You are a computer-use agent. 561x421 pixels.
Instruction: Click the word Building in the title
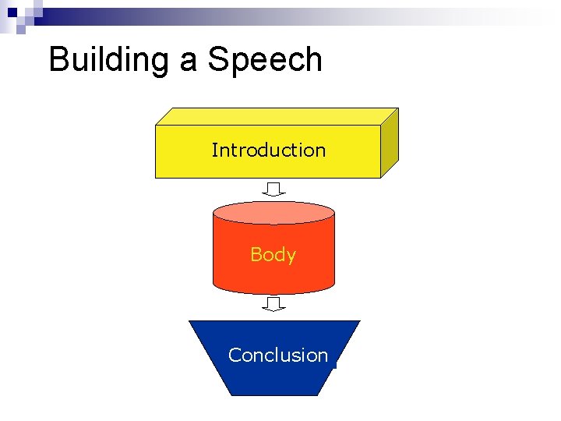point(110,60)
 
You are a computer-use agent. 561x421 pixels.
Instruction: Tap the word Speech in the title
point(265,60)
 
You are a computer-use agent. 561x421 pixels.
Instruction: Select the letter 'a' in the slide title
point(189,62)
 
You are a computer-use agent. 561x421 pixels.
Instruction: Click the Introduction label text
point(268,150)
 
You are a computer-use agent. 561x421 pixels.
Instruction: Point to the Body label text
point(273,255)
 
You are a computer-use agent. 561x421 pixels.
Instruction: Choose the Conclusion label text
point(278,356)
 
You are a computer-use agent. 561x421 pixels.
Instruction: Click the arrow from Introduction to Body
point(273,189)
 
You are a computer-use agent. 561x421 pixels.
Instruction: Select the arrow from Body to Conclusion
point(273,304)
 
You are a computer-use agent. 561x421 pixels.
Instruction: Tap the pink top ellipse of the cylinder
point(273,213)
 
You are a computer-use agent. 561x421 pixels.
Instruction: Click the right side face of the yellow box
point(390,143)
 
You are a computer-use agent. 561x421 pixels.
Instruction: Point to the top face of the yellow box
point(277,116)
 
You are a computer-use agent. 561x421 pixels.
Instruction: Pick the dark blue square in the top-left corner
point(12,12)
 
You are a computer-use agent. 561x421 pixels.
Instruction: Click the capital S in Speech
point(219,60)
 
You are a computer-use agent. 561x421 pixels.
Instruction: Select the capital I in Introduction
point(214,150)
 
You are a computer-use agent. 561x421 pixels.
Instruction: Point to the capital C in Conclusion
point(235,356)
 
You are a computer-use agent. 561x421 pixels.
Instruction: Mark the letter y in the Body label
point(291,256)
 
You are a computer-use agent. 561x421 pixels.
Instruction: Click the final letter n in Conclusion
point(323,356)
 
